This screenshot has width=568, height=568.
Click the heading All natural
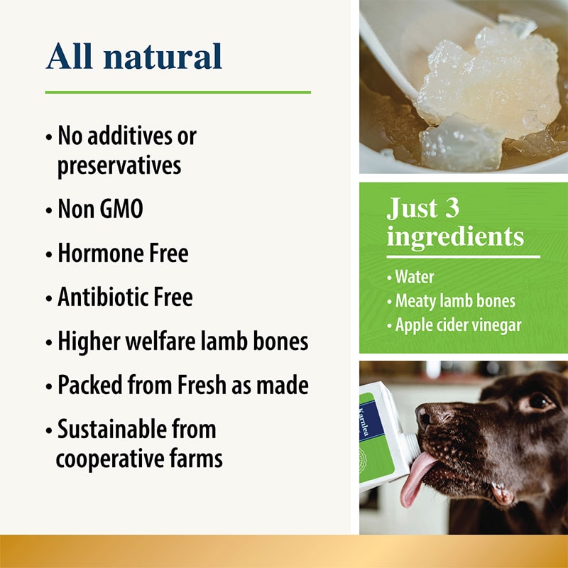(x=134, y=56)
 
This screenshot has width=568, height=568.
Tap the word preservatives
(x=119, y=165)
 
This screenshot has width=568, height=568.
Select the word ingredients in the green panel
(x=455, y=236)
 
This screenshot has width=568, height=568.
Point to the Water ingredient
(x=415, y=275)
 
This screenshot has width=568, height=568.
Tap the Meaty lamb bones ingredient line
(x=454, y=300)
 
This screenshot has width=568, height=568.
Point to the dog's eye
(x=538, y=402)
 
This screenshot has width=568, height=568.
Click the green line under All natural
(x=177, y=92)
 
